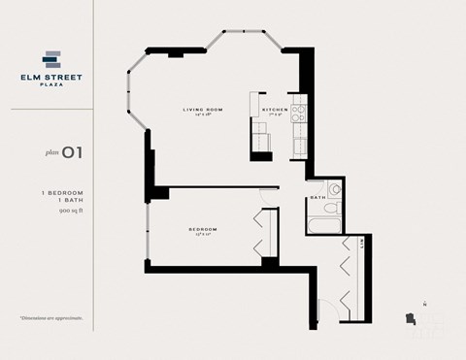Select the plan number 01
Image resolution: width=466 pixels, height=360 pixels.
pos(70,151)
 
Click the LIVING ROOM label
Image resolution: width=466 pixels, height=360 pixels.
pos(203,110)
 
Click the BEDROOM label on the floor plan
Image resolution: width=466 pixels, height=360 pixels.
pos(202,229)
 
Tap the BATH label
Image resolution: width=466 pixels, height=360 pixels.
pos(316,197)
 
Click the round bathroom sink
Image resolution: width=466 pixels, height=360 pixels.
pos(334,189)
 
